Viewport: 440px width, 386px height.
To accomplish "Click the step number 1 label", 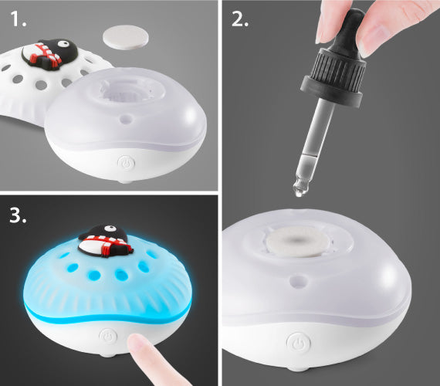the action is (19, 19).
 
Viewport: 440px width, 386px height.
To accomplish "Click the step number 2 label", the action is (240, 19).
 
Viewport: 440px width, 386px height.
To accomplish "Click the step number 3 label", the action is (18, 215).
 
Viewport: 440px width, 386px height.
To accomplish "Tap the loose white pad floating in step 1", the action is (126, 37).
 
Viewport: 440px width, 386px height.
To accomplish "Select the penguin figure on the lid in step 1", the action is (49, 53).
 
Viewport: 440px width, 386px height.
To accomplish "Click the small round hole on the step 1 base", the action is (126, 120).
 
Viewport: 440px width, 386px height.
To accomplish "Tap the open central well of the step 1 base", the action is (127, 90).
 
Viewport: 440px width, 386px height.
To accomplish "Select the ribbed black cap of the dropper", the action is (334, 77).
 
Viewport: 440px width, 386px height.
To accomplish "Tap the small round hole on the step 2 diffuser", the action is (298, 281).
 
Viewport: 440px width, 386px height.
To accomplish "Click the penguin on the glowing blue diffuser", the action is (106, 241).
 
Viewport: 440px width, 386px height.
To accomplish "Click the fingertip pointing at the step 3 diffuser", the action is (137, 343).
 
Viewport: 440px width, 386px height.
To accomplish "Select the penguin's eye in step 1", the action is (65, 43).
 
